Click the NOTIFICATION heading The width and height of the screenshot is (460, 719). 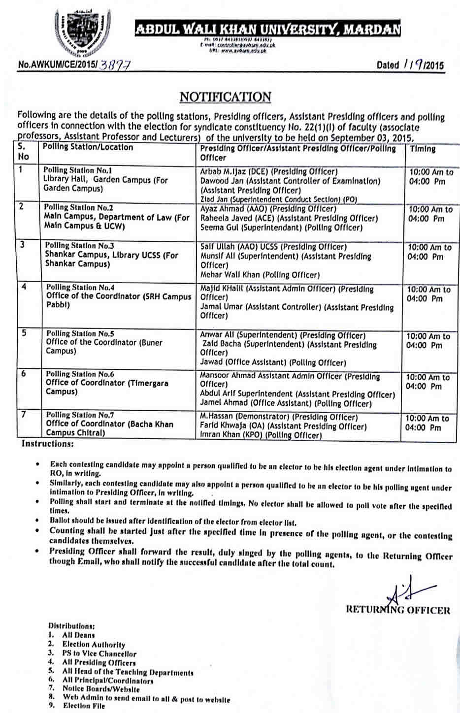point(225,97)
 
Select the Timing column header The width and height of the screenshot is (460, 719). point(423,149)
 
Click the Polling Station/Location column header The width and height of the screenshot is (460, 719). point(88,147)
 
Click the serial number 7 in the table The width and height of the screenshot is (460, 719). point(23,414)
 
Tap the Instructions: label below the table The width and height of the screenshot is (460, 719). point(47,444)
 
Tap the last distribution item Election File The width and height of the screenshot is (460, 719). point(84,706)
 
